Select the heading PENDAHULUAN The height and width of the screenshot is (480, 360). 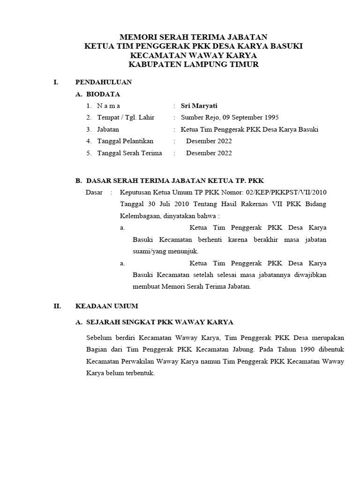click(104, 82)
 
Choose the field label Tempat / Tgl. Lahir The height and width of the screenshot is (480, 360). click(126, 118)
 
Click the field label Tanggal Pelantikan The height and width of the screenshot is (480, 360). click(125, 141)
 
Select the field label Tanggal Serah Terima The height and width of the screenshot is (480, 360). click(129, 153)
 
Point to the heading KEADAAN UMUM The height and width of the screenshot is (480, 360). click(107, 306)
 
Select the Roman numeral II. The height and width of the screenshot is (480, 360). click(57, 306)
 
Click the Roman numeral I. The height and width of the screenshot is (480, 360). click(56, 82)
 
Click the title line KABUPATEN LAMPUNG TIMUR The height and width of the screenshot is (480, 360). click(193, 64)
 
